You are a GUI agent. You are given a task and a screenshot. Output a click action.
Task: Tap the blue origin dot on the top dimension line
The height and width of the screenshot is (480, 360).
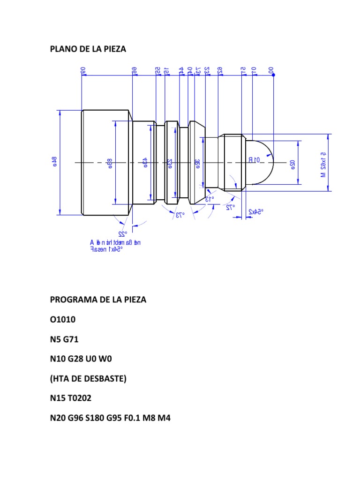coord(273,75)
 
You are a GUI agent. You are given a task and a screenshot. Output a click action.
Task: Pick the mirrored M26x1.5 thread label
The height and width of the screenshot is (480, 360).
coord(323,163)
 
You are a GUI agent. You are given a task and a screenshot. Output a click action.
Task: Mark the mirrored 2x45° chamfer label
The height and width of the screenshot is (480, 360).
coord(255,212)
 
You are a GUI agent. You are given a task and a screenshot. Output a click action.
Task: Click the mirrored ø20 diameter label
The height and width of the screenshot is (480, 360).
coord(292,163)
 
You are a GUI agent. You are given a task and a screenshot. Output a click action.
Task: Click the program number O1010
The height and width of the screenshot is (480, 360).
coord(63,320)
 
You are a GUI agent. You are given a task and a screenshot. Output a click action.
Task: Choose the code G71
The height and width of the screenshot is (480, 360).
coord(73,339)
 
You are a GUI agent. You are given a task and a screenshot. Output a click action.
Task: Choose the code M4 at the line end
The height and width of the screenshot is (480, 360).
coord(164,418)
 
